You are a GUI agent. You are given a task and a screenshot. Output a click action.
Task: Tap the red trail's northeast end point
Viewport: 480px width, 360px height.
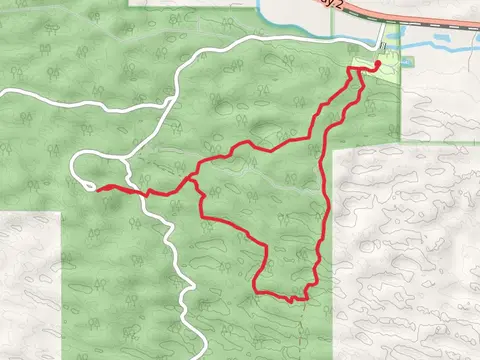pyautogui.click(x=378, y=65)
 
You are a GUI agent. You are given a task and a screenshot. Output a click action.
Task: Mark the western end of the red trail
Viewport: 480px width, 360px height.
pyautogui.click(x=97, y=186)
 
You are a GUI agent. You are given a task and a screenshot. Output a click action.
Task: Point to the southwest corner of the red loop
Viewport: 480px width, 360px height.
pyautogui.click(x=256, y=291)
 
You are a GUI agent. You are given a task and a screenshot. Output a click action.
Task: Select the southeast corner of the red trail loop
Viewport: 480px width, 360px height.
pyautogui.click(x=303, y=297)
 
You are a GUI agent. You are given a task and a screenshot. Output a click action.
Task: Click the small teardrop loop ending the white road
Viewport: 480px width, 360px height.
pyautogui.click(x=84, y=172)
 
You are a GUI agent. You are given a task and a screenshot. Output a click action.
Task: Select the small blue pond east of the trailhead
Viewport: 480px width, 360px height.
pyautogui.click(x=407, y=61)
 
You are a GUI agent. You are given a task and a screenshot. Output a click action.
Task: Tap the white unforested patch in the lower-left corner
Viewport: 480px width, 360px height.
pyautogui.click(x=30, y=290)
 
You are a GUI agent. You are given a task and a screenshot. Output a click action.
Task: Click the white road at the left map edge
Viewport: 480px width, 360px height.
pyautogui.click(x=4, y=92)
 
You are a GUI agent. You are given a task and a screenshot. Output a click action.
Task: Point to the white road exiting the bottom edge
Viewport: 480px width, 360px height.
pyautogui.click(x=204, y=352)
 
